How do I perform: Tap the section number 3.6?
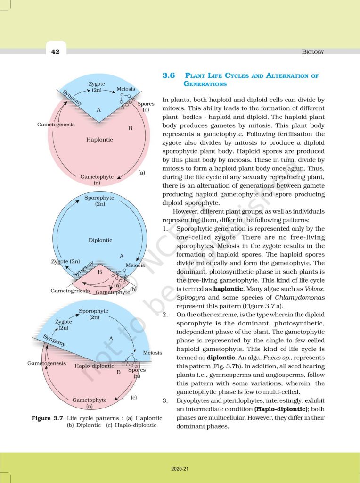169,75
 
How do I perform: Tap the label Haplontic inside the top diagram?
99,140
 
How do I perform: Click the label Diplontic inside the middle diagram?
100,240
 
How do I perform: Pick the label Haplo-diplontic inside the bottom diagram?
94,366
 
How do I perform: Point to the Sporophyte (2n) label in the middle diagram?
99,200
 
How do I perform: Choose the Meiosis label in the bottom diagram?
152,353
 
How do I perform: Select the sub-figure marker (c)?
133,398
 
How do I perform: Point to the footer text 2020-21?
180,469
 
